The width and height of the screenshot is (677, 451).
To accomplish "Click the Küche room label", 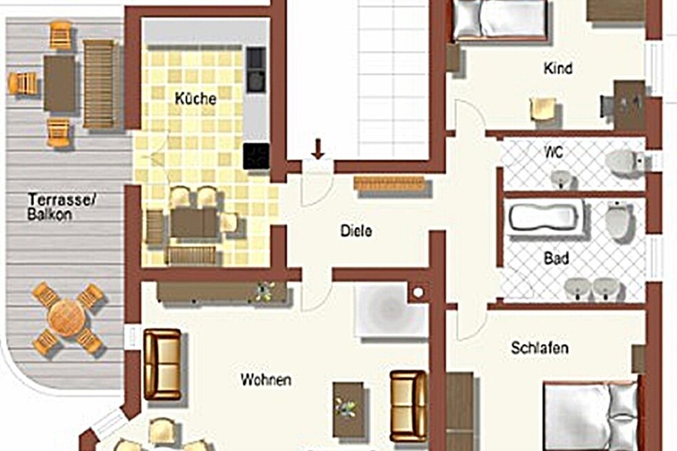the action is click(x=196, y=98).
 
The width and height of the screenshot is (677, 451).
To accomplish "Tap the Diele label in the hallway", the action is click(x=356, y=231).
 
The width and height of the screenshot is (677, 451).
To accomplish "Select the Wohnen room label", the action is click(x=266, y=380).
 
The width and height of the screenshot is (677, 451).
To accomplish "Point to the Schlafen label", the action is click(x=540, y=348).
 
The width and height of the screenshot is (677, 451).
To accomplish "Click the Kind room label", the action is click(x=559, y=68).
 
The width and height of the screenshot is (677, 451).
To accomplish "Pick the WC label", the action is click(x=554, y=152).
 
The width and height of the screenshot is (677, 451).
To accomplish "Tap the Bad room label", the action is click(x=556, y=258).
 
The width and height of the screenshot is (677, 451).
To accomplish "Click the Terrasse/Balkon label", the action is click(x=62, y=207).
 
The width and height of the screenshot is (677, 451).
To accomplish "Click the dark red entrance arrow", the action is click(x=318, y=149).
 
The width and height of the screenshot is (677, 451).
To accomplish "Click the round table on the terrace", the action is click(x=67, y=318).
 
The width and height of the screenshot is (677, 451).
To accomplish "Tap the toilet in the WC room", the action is click(x=625, y=162).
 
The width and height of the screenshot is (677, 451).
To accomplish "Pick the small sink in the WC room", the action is click(x=563, y=178).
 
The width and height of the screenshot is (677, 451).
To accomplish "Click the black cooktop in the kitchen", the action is click(x=256, y=156).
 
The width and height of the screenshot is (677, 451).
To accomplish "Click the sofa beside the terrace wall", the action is click(x=162, y=364).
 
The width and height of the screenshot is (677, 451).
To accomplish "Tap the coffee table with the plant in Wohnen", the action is click(x=347, y=408).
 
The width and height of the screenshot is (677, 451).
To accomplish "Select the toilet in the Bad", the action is click(x=619, y=220).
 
